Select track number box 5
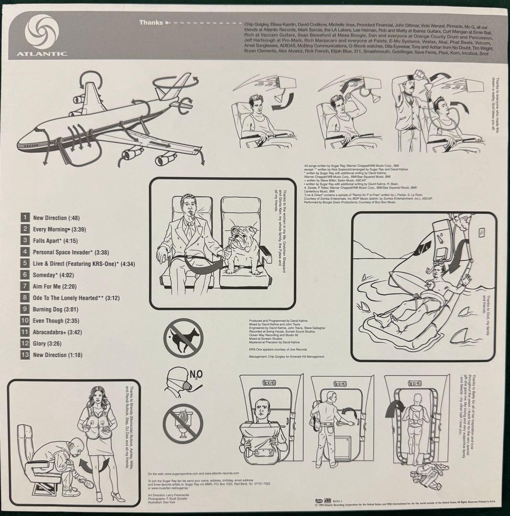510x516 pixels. click(x=25, y=263)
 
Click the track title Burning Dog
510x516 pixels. click(x=52, y=309)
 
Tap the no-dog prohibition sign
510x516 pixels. click(x=183, y=338)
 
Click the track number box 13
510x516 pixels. click(x=25, y=355)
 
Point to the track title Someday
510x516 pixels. click(x=47, y=275)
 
